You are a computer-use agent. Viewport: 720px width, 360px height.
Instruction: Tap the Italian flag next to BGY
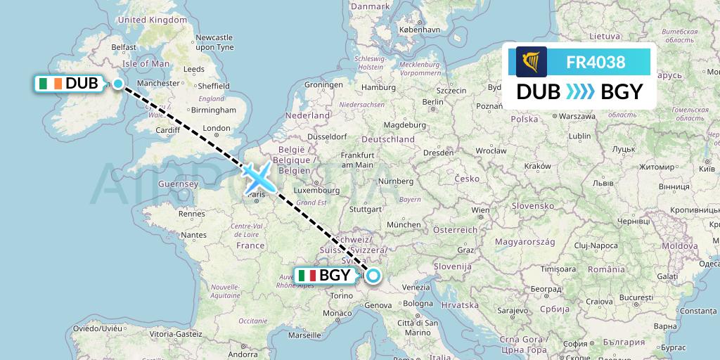(307, 276)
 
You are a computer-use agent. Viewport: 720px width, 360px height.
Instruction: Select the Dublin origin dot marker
(118, 84)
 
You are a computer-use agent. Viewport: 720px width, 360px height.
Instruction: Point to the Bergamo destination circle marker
(373, 277)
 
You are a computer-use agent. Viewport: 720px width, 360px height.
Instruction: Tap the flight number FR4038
(596, 62)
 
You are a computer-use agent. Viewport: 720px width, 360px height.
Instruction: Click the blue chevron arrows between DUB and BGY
(580, 92)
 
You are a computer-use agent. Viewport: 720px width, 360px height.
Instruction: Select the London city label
(216, 128)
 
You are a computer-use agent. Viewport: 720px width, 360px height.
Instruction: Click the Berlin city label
(433, 102)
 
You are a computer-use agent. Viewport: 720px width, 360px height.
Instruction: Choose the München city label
(404, 224)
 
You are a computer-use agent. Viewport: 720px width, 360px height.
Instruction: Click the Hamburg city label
(373, 88)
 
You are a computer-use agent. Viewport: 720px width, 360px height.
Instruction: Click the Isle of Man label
(146, 63)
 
